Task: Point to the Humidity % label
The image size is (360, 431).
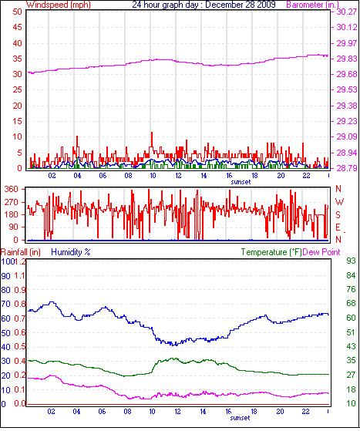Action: (71, 252)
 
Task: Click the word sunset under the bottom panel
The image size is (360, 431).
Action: (218, 419)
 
